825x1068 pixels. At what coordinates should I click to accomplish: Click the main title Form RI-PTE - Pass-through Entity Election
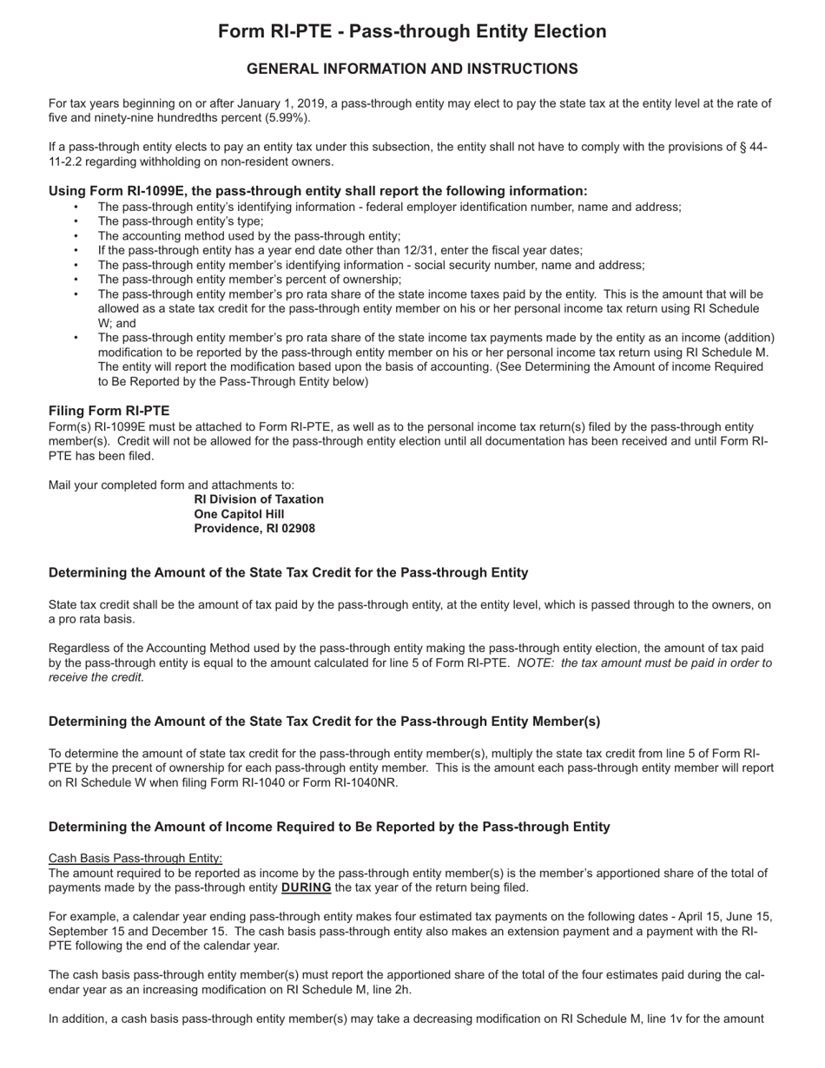pyautogui.click(x=412, y=32)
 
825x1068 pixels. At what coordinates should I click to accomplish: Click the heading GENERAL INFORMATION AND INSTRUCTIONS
pyautogui.click(x=412, y=69)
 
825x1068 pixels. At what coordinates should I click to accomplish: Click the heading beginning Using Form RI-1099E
pyautogui.click(x=318, y=191)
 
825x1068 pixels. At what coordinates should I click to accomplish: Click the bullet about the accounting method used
pyautogui.click(x=248, y=236)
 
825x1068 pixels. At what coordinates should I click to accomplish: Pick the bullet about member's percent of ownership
pyautogui.click(x=249, y=280)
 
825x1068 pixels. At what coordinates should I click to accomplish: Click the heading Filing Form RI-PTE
pyautogui.click(x=109, y=411)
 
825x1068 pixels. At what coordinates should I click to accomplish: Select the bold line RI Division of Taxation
pyautogui.click(x=259, y=499)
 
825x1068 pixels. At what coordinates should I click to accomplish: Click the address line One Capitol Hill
pyautogui.click(x=239, y=514)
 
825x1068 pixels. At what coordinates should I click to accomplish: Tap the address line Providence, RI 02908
pyautogui.click(x=254, y=528)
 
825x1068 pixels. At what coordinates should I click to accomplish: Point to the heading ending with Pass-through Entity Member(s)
pyautogui.click(x=324, y=722)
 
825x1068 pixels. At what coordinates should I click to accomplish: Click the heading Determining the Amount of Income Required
pyautogui.click(x=329, y=827)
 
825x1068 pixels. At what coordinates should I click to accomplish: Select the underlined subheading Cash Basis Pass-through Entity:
pyautogui.click(x=135, y=858)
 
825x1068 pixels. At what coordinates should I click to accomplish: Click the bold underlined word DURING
pyautogui.click(x=306, y=887)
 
